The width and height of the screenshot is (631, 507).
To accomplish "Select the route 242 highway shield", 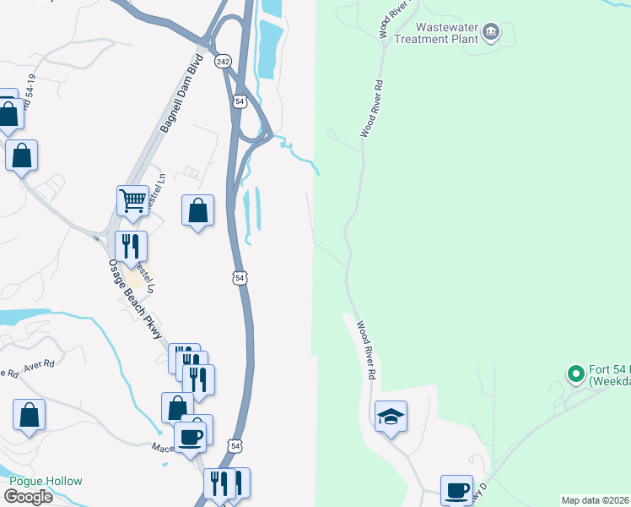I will click(223, 62).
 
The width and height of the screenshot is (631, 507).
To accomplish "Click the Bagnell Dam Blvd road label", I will click(181, 93).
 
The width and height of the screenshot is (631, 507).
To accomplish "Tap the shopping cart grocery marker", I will click(132, 201).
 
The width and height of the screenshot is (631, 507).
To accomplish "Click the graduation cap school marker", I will click(391, 416).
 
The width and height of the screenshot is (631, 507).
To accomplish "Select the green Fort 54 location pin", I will click(575, 373).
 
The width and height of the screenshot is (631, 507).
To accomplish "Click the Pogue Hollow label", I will click(46, 481).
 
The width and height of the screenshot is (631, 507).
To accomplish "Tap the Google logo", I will click(28, 497).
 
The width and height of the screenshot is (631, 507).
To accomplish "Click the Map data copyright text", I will click(596, 500).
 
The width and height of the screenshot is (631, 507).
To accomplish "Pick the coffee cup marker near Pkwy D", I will click(456, 489).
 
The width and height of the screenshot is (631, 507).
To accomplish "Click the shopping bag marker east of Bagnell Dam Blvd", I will click(197, 210).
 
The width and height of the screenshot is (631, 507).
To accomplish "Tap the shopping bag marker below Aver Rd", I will click(29, 414).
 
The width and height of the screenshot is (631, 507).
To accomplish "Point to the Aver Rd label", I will click(38, 365).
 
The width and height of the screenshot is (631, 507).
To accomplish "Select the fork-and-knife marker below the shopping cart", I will click(131, 246).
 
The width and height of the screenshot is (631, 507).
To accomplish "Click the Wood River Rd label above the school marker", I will click(365, 349).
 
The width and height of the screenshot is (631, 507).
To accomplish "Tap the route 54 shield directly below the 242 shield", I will click(240, 101).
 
